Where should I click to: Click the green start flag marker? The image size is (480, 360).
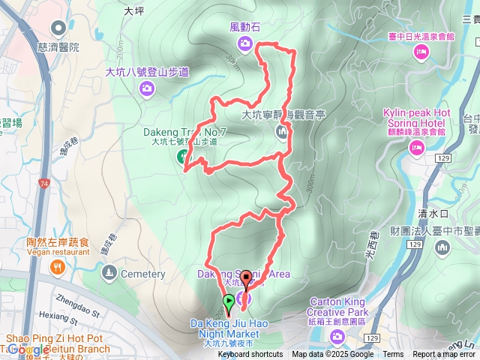[229, 302]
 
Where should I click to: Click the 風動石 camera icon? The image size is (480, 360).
[247, 43]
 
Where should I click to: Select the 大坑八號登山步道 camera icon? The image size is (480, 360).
[147, 89]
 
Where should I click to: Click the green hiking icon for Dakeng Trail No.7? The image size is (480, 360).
[182, 156]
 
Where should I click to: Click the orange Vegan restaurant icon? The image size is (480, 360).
[58, 268]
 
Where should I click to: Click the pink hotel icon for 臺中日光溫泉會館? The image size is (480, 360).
[421, 51]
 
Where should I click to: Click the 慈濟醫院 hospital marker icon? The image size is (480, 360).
[58, 28]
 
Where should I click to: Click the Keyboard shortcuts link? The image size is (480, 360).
[250, 354]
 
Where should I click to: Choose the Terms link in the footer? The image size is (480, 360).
[393, 354]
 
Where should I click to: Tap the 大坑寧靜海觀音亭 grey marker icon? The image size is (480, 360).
[282, 133]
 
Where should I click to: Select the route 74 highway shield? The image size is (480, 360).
[45, 183]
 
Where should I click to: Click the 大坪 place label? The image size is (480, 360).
[133, 11]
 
